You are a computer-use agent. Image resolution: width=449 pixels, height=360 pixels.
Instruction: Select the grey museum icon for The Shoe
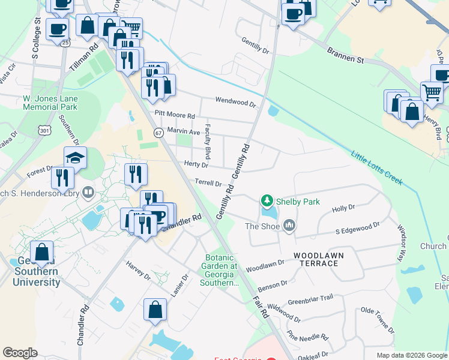point(289,226)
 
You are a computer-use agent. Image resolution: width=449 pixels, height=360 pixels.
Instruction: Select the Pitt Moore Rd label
point(175,115)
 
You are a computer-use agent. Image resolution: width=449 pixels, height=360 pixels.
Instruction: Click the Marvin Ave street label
point(183,131)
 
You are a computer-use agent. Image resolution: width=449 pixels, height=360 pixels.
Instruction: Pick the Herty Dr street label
point(196,164)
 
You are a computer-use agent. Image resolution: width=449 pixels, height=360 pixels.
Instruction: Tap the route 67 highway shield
point(158,132)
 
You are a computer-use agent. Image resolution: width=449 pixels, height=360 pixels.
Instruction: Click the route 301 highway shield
point(44,130)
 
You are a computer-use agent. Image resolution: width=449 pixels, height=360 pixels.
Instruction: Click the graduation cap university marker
point(76,157)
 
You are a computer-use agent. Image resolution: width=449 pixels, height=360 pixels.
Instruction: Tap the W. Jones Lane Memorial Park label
point(50,103)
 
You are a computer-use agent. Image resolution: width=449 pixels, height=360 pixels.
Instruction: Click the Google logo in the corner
point(20,353)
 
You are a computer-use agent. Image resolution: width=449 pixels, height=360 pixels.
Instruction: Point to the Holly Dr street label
point(343,208)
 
